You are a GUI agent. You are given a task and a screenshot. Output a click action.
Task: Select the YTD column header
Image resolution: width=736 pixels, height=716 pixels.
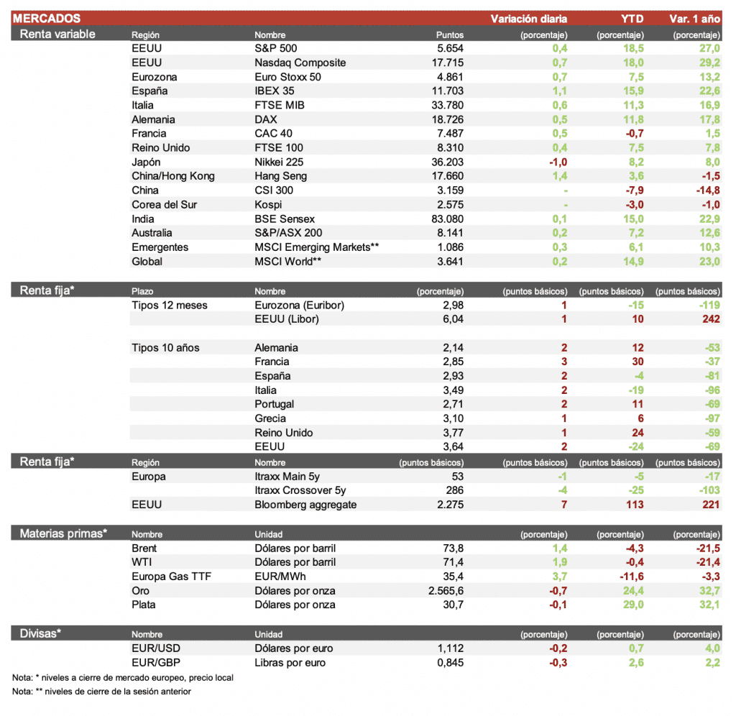tap(632, 19)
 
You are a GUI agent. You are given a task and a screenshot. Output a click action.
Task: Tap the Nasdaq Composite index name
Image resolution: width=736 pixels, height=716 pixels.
tap(300, 63)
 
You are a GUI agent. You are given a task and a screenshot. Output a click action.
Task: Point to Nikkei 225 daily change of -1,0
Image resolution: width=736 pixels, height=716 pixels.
tap(558, 162)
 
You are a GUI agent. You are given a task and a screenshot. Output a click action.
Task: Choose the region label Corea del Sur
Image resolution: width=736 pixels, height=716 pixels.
tap(164, 205)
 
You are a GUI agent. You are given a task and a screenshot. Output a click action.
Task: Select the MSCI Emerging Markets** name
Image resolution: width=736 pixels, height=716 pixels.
tap(316, 247)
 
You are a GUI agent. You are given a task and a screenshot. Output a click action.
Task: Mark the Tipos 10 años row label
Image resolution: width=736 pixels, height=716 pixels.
tap(165, 348)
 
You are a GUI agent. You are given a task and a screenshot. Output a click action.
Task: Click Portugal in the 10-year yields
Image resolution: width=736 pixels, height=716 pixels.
tap(274, 405)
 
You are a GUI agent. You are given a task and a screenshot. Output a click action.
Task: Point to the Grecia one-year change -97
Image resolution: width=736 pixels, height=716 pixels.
tap(712, 419)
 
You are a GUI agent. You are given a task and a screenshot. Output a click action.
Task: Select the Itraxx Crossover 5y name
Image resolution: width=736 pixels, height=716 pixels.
tap(300, 490)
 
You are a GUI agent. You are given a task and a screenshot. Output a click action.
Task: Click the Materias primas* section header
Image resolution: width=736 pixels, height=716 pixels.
tap(63, 533)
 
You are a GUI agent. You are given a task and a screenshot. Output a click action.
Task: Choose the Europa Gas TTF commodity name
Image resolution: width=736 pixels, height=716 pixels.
tap(171, 577)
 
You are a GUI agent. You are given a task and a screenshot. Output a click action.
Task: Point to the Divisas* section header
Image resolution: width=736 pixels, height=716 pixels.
tap(40, 633)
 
